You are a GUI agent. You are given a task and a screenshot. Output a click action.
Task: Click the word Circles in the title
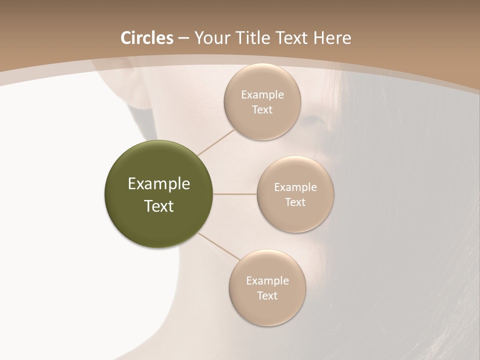pos(147,38)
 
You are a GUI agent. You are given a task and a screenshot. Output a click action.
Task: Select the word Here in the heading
pos(332,38)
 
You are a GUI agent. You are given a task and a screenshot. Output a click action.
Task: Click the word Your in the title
pos(212,38)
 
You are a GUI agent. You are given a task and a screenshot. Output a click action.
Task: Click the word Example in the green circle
pos(159,184)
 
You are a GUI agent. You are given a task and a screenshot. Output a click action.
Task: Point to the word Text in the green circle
pos(159,206)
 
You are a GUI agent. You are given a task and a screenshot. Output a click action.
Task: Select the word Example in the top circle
pos(262,95)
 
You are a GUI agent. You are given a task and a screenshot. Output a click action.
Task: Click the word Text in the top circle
pos(262,110)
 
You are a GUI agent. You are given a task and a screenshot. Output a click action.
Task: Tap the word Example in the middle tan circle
pos(295,187)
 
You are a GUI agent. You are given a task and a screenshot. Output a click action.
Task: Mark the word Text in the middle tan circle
pos(295,202)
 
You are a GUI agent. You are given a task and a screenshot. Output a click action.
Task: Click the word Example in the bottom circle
pos(267,281)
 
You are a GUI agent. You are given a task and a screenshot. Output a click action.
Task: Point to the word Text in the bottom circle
pos(267,296)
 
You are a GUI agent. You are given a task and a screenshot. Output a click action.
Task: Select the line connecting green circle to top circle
pos(216,142)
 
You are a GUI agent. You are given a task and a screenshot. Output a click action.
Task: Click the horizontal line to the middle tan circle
pos(234,194)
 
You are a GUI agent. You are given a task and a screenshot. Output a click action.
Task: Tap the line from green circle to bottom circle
pos(218,246)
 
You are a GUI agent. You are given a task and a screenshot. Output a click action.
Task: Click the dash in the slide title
pos(183,38)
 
